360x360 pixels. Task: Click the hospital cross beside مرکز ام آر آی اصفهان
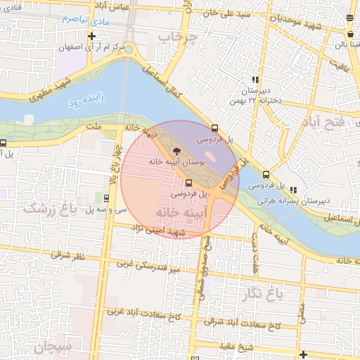click(x=91, y=35)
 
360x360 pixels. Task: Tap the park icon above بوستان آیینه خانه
click(x=176, y=150)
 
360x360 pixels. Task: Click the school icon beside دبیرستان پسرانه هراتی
click(x=292, y=189)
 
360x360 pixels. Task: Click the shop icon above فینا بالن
click(x=350, y=34)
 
